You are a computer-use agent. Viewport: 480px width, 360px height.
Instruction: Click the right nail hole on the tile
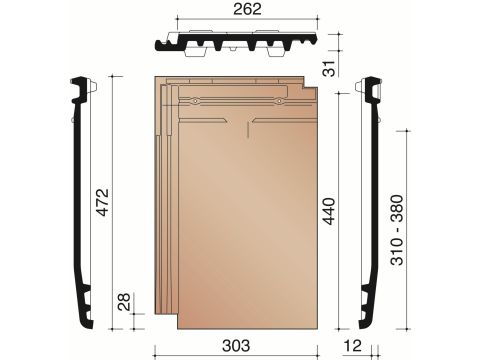[276, 99]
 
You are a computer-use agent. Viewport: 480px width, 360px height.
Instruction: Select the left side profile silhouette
[83, 200]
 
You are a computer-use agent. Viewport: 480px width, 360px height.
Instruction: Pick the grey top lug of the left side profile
[91, 88]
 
